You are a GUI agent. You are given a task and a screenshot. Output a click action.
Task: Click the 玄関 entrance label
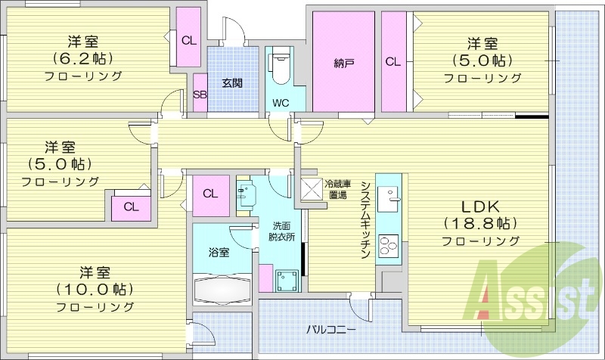point(232,82)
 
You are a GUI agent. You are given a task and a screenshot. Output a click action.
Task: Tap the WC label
point(281,103)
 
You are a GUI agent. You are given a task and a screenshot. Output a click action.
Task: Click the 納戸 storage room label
point(344,63)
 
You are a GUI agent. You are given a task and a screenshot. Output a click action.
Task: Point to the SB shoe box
point(200,95)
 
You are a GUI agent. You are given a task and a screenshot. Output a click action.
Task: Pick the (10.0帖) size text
point(95,289)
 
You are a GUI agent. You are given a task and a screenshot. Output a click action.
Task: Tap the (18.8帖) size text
point(481,223)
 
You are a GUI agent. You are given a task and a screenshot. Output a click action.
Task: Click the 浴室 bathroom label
point(219,252)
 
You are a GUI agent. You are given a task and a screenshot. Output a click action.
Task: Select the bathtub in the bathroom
point(222,290)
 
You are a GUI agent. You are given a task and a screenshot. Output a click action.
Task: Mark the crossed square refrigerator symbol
point(311,189)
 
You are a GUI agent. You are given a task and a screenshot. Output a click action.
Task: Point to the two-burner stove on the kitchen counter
point(389,247)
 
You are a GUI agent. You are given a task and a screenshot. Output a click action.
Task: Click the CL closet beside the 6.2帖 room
point(188,39)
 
